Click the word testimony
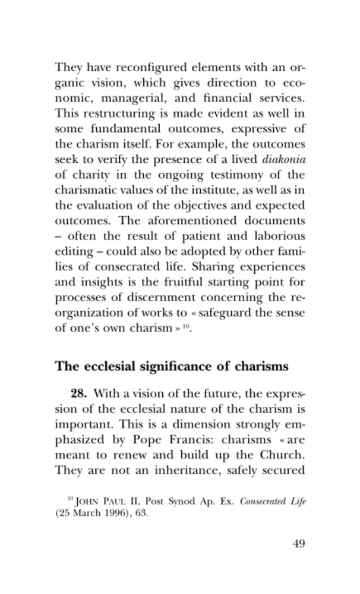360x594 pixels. [x=227, y=176]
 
